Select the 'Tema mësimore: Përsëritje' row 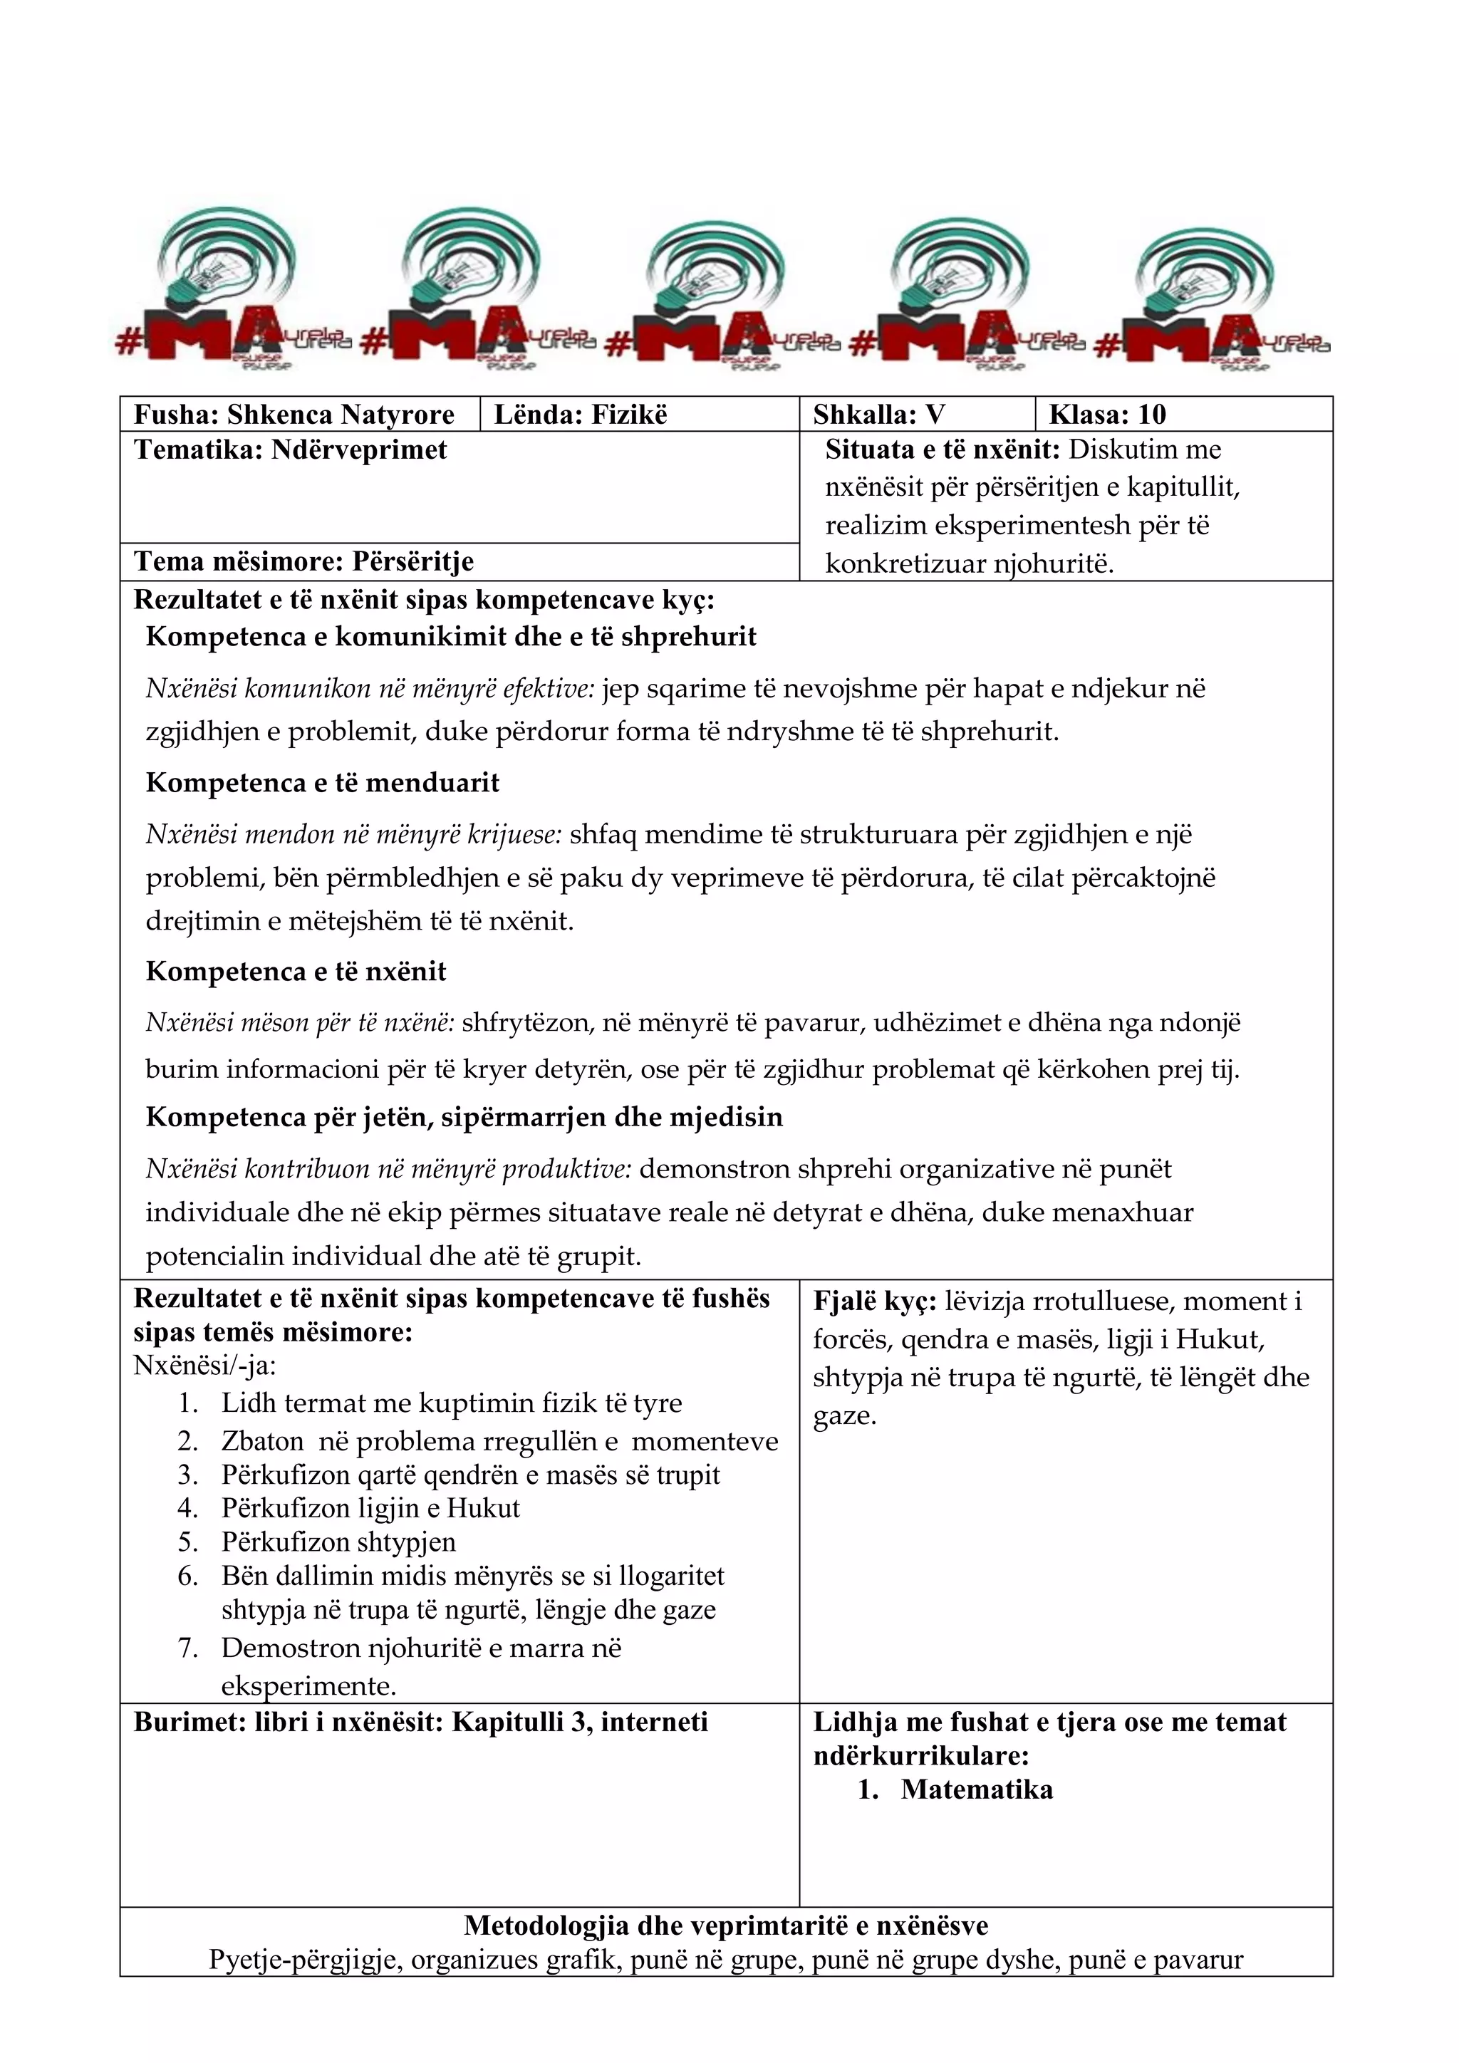303,561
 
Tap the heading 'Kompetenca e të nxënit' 296,971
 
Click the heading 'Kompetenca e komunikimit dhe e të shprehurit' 451,636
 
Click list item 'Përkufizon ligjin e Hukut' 370,1508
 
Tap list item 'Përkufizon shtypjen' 338,1542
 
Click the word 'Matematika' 977,1789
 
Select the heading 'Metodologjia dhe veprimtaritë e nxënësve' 726,1926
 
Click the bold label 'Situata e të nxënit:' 943,450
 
